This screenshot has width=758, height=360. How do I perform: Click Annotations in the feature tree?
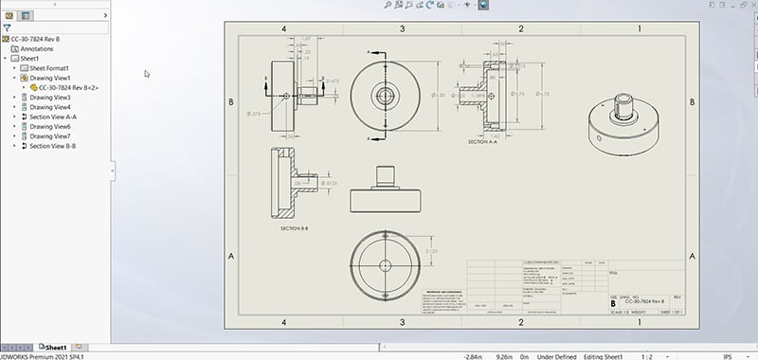pos(37,48)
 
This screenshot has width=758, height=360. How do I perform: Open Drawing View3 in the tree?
pos(50,98)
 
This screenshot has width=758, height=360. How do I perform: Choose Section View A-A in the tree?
pos(53,117)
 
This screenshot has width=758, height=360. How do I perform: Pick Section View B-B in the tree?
pos(53,147)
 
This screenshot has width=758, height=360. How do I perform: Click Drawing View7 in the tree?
pos(50,136)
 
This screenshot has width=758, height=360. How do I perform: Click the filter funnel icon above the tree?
pos(7,28)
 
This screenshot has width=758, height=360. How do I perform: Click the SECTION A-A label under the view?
pos(484,141)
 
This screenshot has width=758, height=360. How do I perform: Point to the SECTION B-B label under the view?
pos(298,228)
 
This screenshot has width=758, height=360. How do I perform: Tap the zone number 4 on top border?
pos(284,29)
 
